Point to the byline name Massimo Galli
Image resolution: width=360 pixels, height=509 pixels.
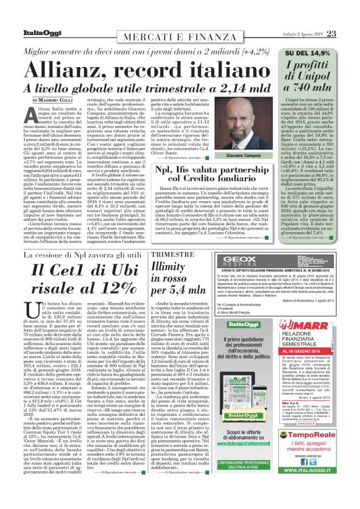click(56, 100)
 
